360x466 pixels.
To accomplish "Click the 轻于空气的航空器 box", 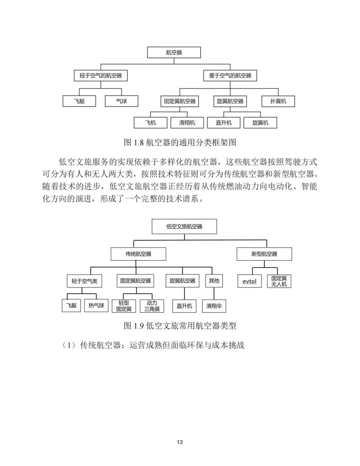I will [x=101, y=76].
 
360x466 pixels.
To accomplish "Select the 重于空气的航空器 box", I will [x=230, y=76].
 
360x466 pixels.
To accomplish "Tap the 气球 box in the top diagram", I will [x=121, y=101].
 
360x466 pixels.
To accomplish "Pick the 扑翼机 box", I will [x=278, y=101].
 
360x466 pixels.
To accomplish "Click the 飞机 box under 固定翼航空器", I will [x=150, y=123].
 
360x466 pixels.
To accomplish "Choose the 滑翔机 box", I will [x=187, y=123].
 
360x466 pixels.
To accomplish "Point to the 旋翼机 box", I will [x=260, y=123].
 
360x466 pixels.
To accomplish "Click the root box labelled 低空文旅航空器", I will [x=184, y=227].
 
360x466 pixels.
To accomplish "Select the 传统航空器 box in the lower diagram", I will [x=138, y=254].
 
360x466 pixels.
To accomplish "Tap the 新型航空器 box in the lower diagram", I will [x=264, y=254].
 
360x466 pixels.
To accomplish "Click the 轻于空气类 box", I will [x=84, y=281].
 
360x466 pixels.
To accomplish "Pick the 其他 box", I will [x=214, y=281].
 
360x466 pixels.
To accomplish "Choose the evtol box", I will [x=249, y=281].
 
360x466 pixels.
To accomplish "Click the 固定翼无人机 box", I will [x=279, y=281].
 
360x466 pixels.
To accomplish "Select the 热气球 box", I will [x=96, y=305].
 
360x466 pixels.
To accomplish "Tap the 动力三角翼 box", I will [x=152, y=306].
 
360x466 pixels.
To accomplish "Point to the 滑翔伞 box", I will [x=214, y=306].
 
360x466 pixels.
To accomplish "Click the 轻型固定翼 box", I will [x=124, y=306].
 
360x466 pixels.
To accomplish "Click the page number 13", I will [x=180, y=442].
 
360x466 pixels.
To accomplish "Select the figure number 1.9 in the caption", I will [x=138, y=326].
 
